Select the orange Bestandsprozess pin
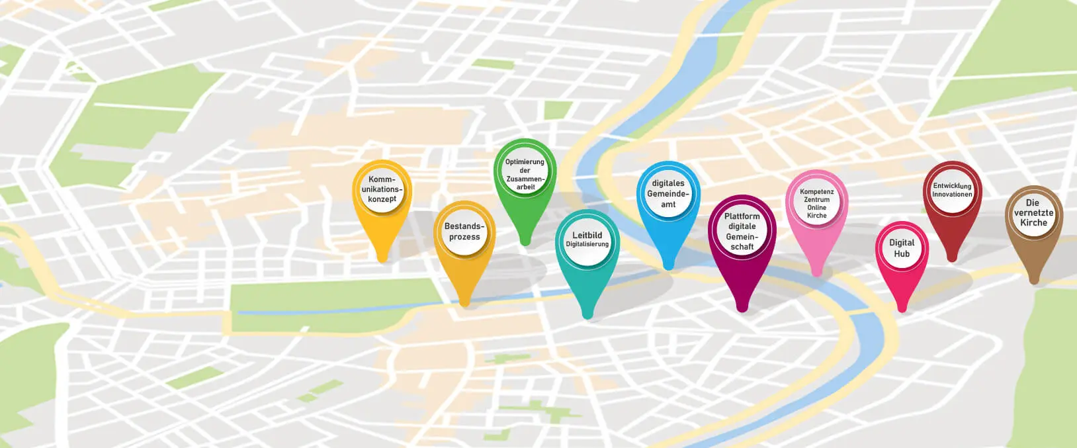[x=464, y=232]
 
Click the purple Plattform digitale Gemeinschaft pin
[x=742, y=232]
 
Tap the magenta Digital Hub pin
[x=902, y=248]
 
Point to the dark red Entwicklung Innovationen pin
[x=952, y=190]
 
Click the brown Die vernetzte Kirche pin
[x=1033, y=213]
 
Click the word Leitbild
[x=587, y=235]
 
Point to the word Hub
[x=902, y=254]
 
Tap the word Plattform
[x=742, y=216]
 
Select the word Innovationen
[x=952, y=195]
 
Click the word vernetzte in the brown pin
[x=1033, y=213]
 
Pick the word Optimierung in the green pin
[x=525, y=162]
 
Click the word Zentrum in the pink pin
[x=816, y=200]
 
